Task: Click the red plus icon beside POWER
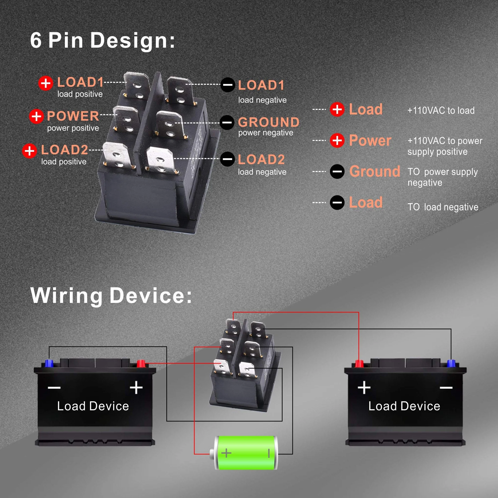click(36, 116)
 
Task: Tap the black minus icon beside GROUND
click(227, 122)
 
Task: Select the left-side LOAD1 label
click(80, 82)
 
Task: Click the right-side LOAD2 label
click(261, 159)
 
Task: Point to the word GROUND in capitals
click(269, 122)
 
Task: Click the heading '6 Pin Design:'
click(103, 40)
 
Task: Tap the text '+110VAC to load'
click(441, 111)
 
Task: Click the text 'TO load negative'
click(443, 207)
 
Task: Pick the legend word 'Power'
click(370, 141)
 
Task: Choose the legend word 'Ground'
click(375, 171)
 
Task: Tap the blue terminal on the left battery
click(49, 363)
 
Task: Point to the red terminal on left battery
click(141, 364)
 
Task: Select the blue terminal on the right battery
click(451, 364)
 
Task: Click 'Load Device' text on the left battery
click(93, 406)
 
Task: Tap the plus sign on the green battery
click(226, 453)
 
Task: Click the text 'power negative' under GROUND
click(266, 133)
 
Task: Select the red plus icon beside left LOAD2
click(29, 151)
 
